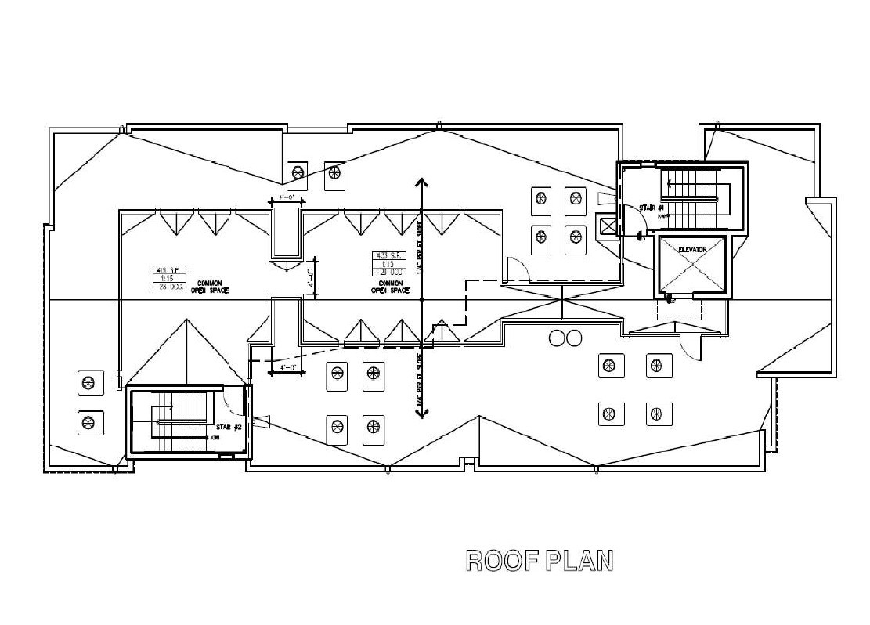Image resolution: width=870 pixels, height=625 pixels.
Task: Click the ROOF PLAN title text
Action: (x=539, y=561)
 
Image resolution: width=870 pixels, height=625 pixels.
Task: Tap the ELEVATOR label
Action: (x=691, y=249)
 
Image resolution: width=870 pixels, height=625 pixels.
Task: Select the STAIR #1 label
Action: (x=652, y=208)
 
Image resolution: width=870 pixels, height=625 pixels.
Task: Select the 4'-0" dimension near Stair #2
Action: (x=281, y=367)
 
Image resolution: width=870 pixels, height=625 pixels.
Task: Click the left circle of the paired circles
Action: (x=558, y=338)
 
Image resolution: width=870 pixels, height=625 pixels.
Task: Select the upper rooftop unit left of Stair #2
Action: (x=88, y=383)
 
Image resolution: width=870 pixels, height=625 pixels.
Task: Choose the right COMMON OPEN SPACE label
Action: (x=389, y=286)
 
